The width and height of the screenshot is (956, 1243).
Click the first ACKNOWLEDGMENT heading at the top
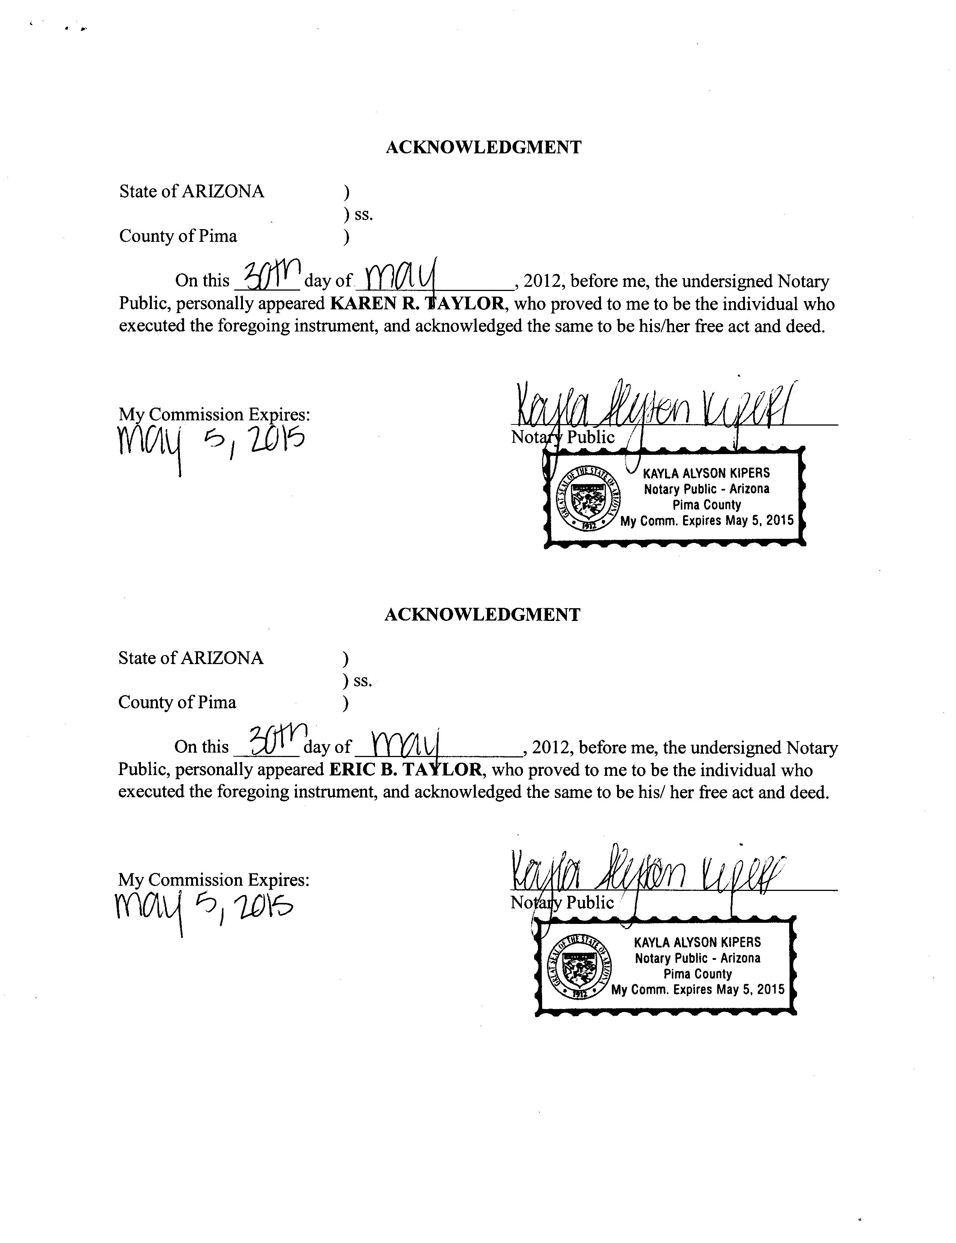pos(483,147)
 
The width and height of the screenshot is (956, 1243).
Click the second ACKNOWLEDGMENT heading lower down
pos(482,615)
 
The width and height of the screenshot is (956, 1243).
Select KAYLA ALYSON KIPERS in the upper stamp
pos(706,473)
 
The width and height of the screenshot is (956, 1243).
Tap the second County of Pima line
pos(177,702)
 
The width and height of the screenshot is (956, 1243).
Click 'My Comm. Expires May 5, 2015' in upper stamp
pos(706,521)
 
